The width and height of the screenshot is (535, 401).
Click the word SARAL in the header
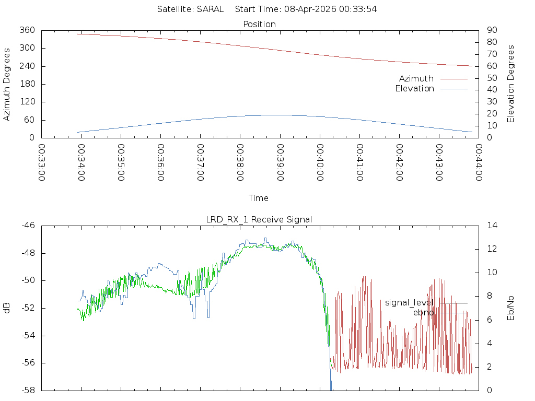point(210,9)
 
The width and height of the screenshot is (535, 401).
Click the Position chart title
point(260,24)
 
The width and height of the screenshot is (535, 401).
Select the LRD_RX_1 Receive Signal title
point(259,219)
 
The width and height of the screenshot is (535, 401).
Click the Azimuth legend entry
point(416,78)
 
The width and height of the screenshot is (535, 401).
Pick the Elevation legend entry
point(414,89)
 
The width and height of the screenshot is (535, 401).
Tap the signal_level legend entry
point(409,302)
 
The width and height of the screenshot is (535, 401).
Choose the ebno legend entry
point(423,312)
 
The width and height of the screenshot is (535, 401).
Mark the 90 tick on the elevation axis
point(491,30)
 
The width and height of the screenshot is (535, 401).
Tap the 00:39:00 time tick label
point(280,162)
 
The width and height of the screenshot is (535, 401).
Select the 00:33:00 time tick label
point(42,162)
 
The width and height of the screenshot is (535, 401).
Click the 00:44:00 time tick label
point(479,162)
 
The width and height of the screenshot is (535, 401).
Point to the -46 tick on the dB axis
point(28,226)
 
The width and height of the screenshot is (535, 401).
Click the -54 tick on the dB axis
point(28,335)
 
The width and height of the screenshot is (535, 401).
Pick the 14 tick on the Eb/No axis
point(492,226)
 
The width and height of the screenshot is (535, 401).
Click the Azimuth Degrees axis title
point(7,84)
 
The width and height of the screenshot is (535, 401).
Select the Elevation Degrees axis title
point(511,84)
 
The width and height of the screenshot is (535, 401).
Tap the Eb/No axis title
point(511,308)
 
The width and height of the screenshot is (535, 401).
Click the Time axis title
point(259,198)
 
